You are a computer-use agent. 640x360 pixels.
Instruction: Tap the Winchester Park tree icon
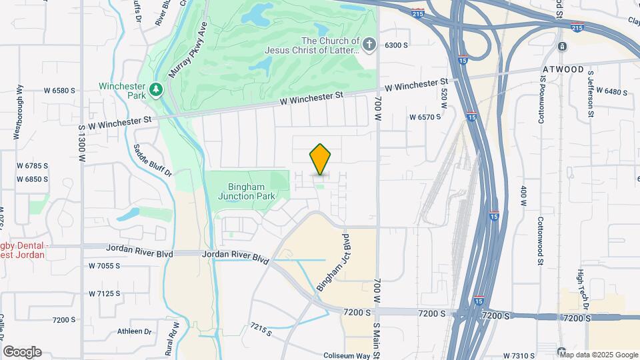[156, 89]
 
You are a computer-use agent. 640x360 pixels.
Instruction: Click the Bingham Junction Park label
[247, 191]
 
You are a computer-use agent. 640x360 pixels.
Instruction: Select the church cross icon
[371, 45]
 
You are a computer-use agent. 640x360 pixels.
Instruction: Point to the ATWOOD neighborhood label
[563, 69]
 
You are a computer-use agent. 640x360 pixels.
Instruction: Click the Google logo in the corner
[22, 352]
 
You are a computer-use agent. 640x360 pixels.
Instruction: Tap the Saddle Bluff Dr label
[153, 160]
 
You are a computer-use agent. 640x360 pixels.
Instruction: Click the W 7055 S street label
[104, 266]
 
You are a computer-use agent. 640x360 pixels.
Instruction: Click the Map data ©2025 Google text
[599, 355]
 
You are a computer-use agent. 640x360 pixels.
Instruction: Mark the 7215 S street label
[263, 329]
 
